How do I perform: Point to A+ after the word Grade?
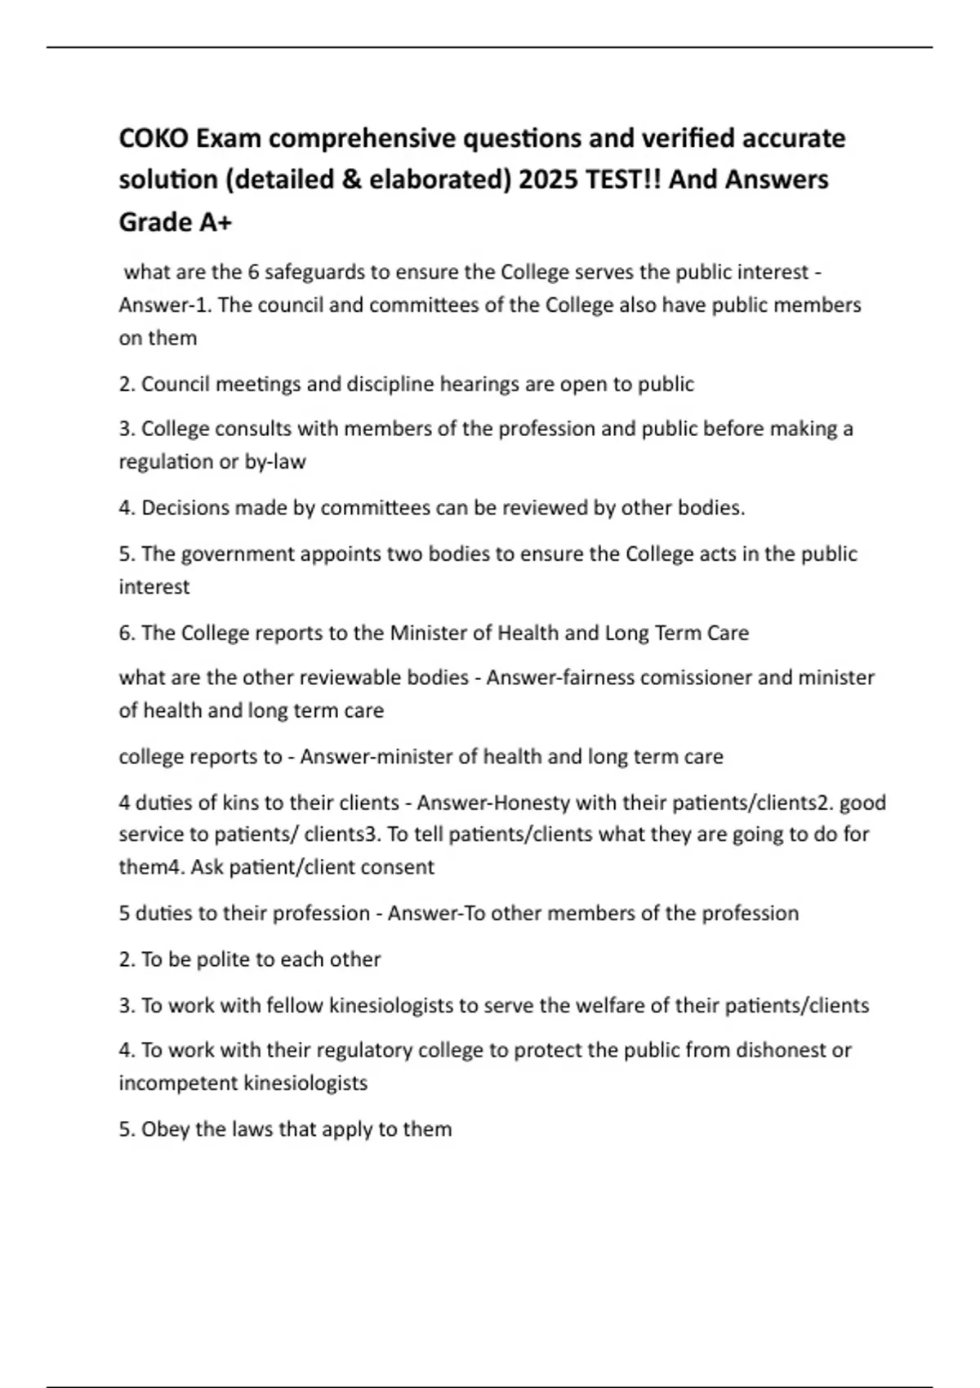point(215,222)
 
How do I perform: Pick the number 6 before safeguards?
point(253,272)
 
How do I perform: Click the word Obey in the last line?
point(166,1129)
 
